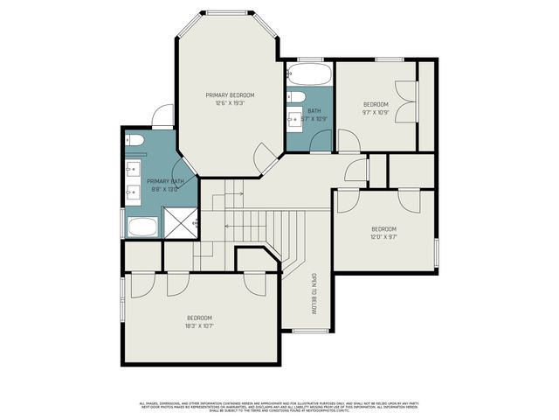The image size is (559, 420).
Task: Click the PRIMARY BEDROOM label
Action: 230,94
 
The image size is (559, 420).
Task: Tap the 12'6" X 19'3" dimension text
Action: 230,103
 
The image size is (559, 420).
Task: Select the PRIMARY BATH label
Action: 164,181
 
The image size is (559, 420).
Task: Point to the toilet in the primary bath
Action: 135,140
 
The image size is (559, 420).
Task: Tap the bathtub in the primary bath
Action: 141,227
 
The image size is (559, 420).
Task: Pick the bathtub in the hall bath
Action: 308,73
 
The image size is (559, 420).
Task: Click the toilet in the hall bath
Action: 296,96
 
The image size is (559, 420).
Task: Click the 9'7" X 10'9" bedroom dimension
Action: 376,112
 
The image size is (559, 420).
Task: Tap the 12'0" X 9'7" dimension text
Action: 383,237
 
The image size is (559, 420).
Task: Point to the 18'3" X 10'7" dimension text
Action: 199,325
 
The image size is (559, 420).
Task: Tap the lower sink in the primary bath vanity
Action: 135,191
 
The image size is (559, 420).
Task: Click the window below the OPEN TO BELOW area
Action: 305,331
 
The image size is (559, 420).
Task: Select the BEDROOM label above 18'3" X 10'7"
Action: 199,317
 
